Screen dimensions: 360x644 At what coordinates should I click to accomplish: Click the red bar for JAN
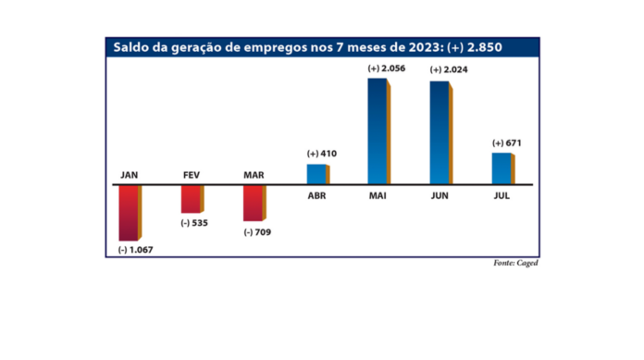129,213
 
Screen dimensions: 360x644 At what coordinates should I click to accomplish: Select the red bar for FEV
191,199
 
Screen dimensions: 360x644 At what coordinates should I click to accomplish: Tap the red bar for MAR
253,203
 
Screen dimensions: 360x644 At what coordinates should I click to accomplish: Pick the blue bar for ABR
316,174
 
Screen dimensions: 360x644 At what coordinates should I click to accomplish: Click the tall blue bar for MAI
378,131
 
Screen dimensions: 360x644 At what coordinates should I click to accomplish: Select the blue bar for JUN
440,132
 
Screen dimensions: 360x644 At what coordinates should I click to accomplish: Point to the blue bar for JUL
501,168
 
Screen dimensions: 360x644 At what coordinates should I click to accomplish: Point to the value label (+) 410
316,154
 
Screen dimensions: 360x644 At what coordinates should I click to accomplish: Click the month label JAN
129,175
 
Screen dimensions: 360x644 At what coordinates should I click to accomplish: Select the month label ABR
316,195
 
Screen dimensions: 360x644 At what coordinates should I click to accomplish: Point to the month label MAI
378,195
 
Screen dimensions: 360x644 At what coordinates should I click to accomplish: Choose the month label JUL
501,195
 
